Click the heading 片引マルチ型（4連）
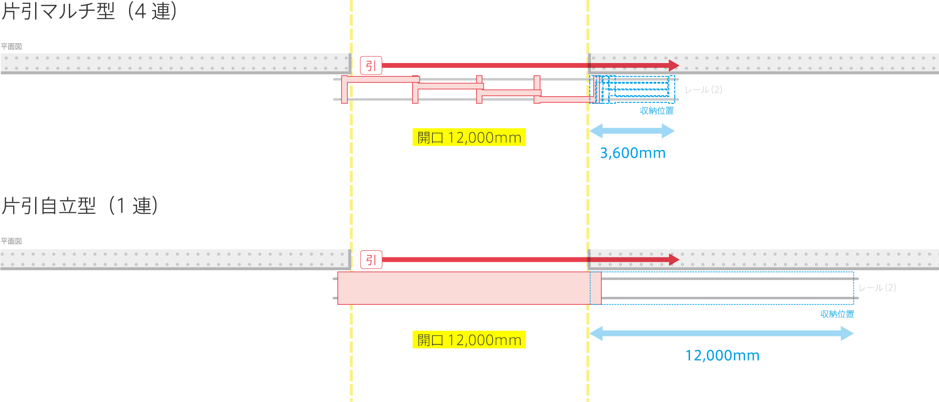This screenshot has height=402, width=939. click(89, 11)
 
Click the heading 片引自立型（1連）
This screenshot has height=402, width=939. click(80, 206)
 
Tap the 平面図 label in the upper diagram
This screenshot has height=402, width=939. click(11, 46)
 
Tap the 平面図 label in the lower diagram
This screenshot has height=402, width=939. click(11, 241)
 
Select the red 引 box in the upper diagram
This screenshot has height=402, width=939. click(371, 65)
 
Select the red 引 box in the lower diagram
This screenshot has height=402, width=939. click(371, 260)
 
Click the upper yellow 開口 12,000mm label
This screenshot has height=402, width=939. click(469, 137)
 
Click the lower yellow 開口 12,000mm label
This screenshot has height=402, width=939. click(469, 340)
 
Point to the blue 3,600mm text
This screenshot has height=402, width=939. click(633, 153)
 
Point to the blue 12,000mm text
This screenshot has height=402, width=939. click(722, 356)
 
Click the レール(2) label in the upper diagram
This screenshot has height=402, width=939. click(703, 90)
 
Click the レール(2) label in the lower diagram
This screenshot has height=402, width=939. click(877, 288)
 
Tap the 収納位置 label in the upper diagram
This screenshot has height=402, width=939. click(657, 111)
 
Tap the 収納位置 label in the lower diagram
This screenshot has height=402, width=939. click(837, 314)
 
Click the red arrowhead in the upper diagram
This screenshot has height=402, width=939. click(673, 65)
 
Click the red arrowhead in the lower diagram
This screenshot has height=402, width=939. click(674, 259)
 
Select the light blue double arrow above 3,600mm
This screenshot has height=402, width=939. click(632, 131)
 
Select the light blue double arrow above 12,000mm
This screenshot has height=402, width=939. click(721, 333)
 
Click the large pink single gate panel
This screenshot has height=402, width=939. click(469, 288)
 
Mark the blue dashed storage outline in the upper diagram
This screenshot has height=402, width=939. click(635, 89)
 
